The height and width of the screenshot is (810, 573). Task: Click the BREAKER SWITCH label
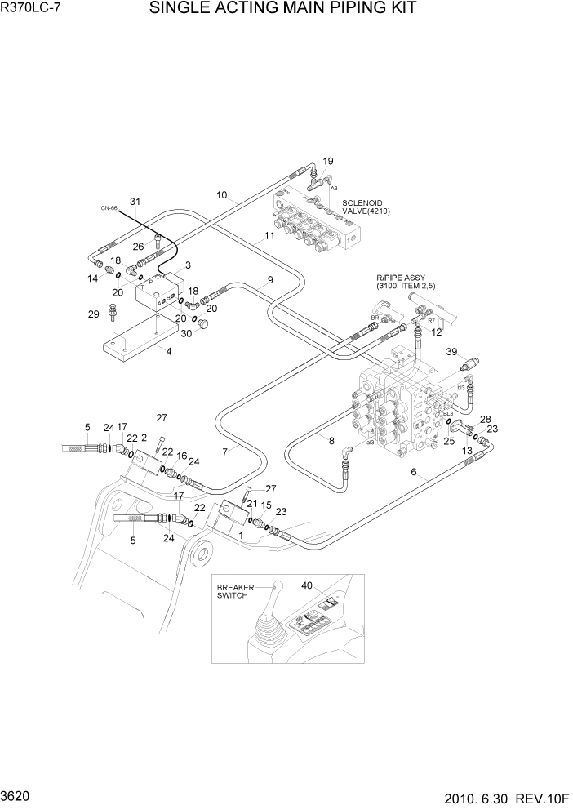coord(236,592)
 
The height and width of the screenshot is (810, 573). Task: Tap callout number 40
coord(307,585)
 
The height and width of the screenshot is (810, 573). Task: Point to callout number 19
coord(328,161)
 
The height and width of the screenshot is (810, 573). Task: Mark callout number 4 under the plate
coord(168,352)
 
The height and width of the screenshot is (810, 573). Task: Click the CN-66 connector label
coord(109,209)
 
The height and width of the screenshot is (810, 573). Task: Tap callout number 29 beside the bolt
coord(93,314)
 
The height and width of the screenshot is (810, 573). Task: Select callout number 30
coord(186,333)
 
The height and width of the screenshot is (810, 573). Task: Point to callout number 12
coord(437,332)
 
